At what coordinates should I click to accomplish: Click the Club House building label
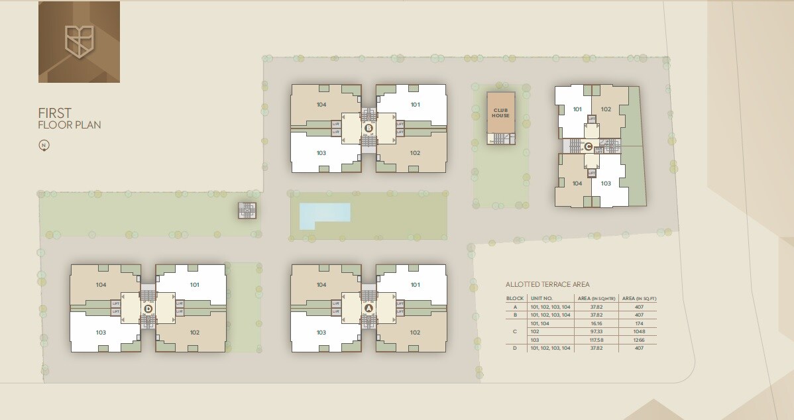pyautogui.click(x=500, y=113)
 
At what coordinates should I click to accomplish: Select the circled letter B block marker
pyautogui.click(x=369, y=128)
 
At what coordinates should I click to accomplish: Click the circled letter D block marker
pyautogui.click(x=148, y=308)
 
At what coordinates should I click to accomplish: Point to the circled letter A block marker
pyautogui.click(x=369, y=308)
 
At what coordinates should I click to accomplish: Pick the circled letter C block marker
pyautogui.click(x=588, y=147)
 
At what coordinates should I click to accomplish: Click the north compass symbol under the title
pyautogui.click(x=44, y=146)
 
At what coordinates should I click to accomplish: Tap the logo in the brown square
pyautogui.click(x=79, y=42)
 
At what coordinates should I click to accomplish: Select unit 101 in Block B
pyautogui.click(x=415, y=104)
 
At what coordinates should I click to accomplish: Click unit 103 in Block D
pyautogui.click(x=101, y=333)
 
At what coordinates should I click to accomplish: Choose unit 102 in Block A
pyautogui.click(x=415, y=333)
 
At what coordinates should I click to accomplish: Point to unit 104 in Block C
pyautogui.click(x=577, y=184)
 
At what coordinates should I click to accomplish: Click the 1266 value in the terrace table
pyautogui.click(x=638, y=339)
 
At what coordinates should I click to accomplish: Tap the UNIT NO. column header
pyautogui.click(x=541, y=299)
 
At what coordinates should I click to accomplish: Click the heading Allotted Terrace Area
pyautogui.click(x=547, y=284)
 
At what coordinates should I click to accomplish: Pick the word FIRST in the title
pyautogui.click(x=54, y=113)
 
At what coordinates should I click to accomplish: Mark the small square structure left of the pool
pyautogui.click(x=247, y=211)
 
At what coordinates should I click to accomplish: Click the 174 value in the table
pyautogui.click(x=638, y=323)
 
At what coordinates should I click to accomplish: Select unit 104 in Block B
pyautogui.click(x=321, y=104)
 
